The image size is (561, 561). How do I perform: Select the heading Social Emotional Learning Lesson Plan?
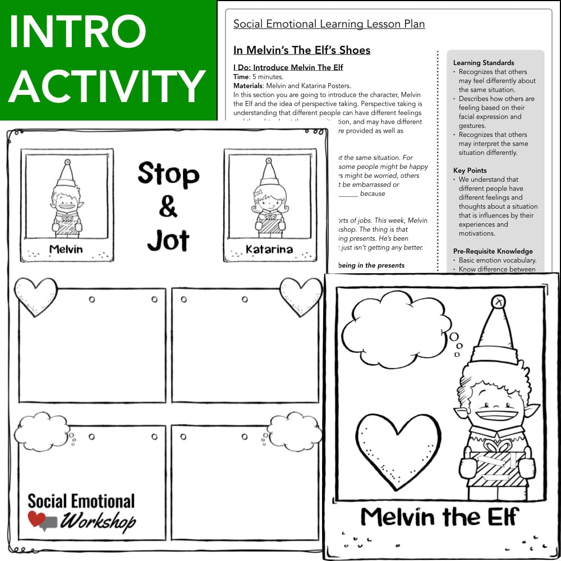[x=329, y=24]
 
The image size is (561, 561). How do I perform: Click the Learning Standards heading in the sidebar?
[x=484, y=63]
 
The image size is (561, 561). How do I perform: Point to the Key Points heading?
[x=470, y=171]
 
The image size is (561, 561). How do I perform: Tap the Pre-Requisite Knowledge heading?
[x=493, y=251]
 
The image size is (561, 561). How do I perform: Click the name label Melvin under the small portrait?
[x=66, y=248]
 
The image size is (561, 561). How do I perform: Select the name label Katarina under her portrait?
[x=269, y=249]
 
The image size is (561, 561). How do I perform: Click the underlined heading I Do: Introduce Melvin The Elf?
[x=288, y=67]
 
